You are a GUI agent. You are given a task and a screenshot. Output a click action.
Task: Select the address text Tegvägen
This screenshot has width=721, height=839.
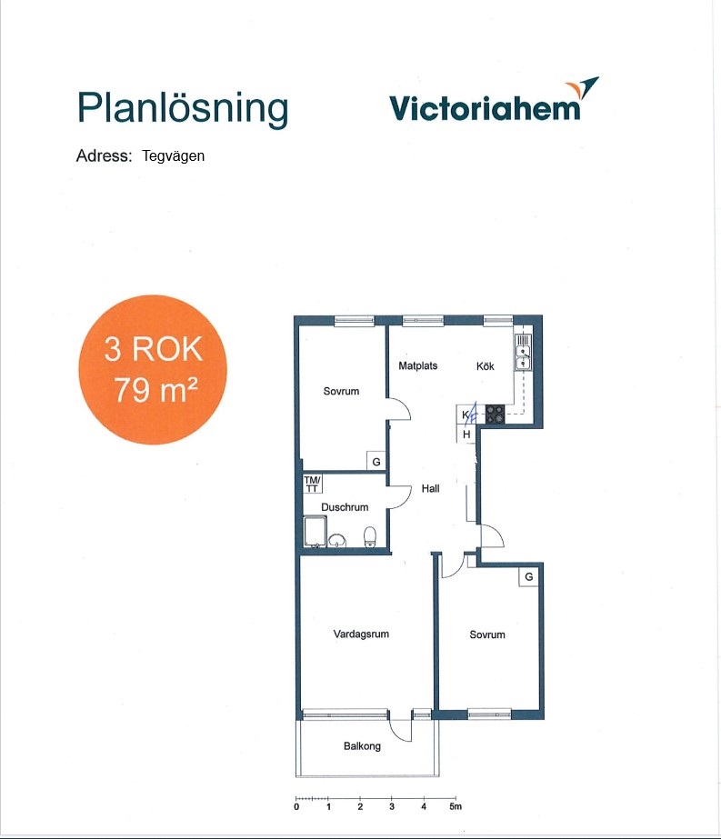click(x=174, y=156)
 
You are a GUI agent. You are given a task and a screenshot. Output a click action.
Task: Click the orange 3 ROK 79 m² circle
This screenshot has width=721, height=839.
click(x=153, y=369)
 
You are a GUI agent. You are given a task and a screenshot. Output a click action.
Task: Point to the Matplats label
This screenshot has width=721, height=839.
click(x=418, y=366)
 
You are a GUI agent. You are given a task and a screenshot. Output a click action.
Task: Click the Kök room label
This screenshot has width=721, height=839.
click(x=486, y=366)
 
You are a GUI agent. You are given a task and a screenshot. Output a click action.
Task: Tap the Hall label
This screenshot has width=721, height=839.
click(x=430, y=488)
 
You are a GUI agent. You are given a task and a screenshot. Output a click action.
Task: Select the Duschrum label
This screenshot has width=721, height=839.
click(x=345, y=506)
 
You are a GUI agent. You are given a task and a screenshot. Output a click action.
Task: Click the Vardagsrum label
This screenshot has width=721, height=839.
click(x=361, y=634)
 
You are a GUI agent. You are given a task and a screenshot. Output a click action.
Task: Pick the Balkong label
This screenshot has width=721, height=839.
click(x=363, y=746)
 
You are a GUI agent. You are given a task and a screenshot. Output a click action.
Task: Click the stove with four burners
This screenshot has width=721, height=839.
click(x=495, y=415)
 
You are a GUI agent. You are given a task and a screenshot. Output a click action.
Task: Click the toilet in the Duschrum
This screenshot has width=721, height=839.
click(x=370, y=536)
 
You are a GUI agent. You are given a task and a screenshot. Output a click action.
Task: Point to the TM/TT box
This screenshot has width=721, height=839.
click(x=312, y=484)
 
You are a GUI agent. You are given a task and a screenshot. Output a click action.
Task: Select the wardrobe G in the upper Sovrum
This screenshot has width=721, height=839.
click(x=376, y=461)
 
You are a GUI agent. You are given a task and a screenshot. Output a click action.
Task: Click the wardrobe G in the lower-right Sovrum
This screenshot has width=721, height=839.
click(x=529, y=577)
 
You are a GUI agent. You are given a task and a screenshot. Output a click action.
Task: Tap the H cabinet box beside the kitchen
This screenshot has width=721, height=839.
click(x=466, y=434)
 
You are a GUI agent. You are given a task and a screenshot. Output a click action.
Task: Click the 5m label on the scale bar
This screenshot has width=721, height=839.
click(x=455, y=806)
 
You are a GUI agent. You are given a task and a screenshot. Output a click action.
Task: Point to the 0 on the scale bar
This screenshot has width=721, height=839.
click(x=296, y=806)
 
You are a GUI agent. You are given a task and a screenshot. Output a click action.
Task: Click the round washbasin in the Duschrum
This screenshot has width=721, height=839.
click(x=336, y=541)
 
